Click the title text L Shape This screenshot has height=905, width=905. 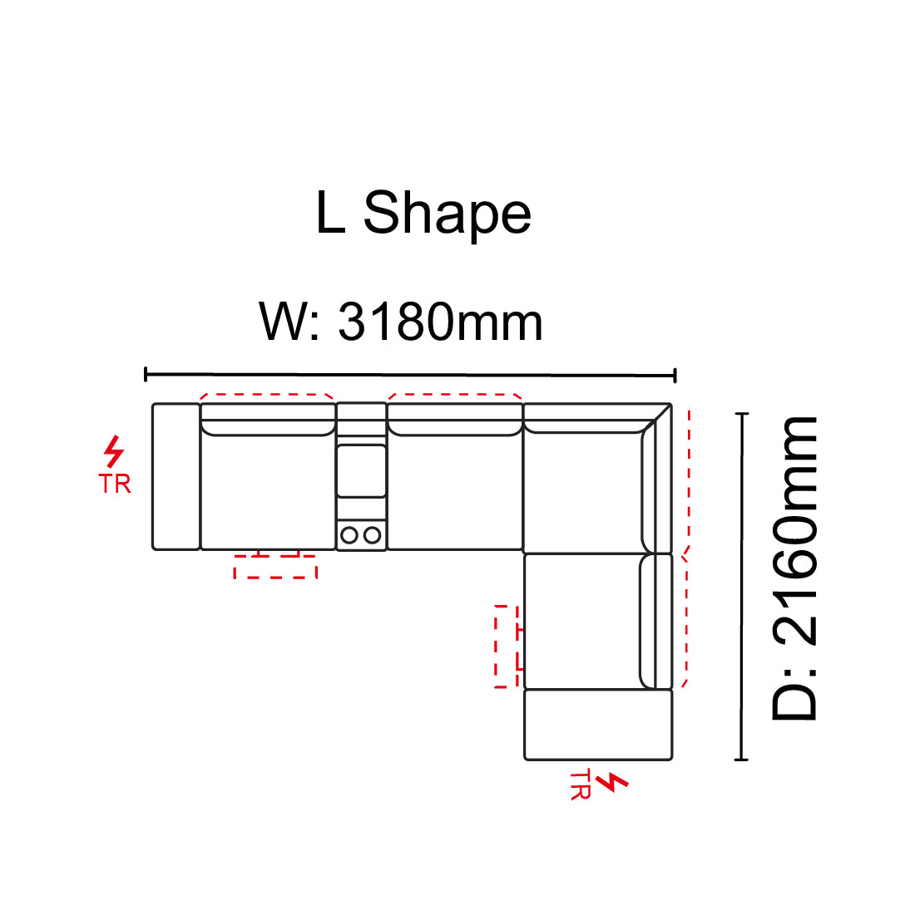pyautogui.click(x=423, y=213)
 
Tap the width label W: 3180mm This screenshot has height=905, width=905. pyautogui.click(x=400, y=322)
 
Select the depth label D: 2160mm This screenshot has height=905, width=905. pyautogui.click(x=794, y=568)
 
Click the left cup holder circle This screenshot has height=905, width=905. pyautogui.click(x=349, y=535)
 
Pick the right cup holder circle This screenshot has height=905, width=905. pyautogui.click(x=373, y=535)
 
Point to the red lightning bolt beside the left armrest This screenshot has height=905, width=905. pyautogui.click(x=114, y=451)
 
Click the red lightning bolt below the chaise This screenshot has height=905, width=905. pyautogui.click(x=612, y=782)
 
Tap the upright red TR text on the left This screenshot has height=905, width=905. pyautogui.click(x=115, y=484)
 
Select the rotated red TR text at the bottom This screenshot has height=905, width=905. pyautogui.click(x=581, y=784)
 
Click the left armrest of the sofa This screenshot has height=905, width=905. pyautogui.click(x=176, y=477)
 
